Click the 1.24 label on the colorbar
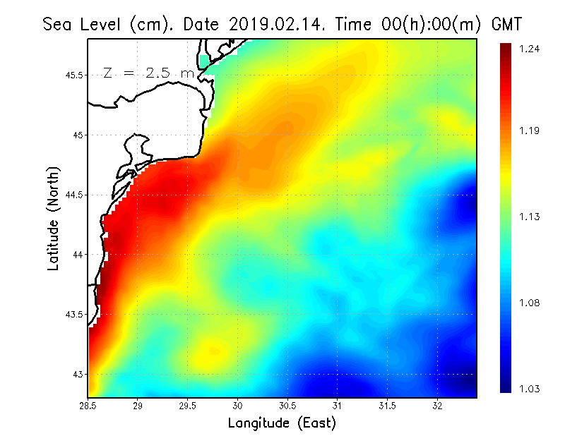click(x=529, y=49)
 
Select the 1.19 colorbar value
click(x=529, y=131)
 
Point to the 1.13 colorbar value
click(x=529, y=217)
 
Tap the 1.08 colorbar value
click(x=529, y=303)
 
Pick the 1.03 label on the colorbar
click(x=529, y=389)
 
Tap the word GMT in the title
click(x=506, y=25)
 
